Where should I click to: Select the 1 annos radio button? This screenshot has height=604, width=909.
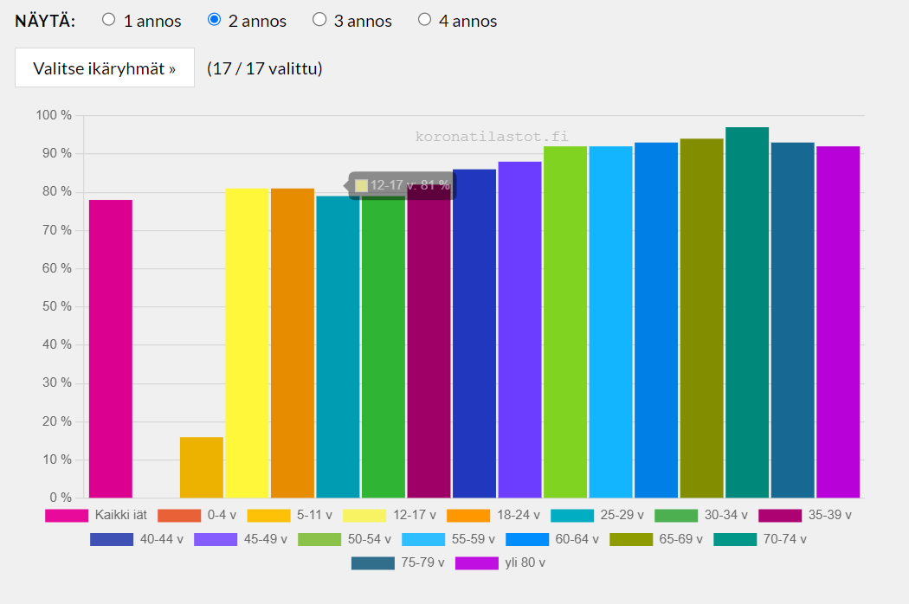pos(108,20)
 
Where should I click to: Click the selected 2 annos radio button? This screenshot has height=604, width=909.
pos(214,20)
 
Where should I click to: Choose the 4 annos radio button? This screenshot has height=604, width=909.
pos(424,20)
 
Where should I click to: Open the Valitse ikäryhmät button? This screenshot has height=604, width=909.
pos(105,67)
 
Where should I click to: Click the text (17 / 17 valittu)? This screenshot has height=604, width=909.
pos(264,68)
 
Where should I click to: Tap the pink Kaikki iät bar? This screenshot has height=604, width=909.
pos(111,349)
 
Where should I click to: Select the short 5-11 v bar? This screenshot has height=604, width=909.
pos(201,467)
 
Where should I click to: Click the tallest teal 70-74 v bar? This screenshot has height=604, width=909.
pos(747,312)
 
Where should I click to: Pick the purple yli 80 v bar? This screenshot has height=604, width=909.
pos(838,322)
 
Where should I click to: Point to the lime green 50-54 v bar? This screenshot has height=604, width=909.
pos(565,322)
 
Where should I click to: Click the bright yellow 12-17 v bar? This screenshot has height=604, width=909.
pos(247,343)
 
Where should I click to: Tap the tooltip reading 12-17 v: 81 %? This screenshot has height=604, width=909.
pos(402,185)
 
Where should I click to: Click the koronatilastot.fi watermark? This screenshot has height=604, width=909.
pos(492,137)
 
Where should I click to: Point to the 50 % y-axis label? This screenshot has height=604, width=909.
pos(57,306)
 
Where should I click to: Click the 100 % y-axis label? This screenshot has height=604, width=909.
pos(54,115)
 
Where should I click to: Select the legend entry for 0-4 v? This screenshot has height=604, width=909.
pos(197,515)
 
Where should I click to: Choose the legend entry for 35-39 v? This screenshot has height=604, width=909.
pos(805,515)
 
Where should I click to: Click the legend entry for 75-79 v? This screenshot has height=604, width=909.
pos(398,562)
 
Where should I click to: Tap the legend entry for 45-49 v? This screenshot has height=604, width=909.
pos(241,539)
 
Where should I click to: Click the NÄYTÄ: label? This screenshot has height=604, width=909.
pos(45,21)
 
